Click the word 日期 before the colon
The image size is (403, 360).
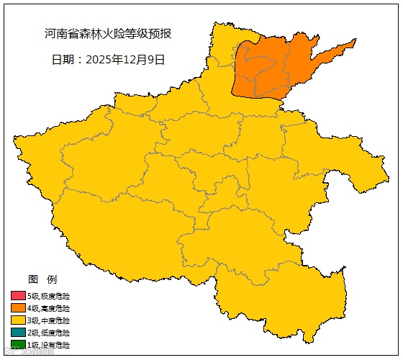[63, 60]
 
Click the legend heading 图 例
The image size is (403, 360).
[42, 279]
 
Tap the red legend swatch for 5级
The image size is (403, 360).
[18, 296]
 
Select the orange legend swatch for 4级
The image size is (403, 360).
[18, 308]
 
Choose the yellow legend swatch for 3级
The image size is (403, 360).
[18, 320]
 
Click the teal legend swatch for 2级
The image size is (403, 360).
[18, 333]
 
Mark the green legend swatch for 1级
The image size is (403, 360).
[18, 345]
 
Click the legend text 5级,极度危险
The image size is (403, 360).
[50, 296]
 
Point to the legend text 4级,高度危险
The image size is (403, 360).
[50, 308]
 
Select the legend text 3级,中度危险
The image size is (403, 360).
[50, 320]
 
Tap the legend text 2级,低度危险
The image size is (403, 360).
[50, 333]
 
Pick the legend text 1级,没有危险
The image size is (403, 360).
[50, 345]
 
